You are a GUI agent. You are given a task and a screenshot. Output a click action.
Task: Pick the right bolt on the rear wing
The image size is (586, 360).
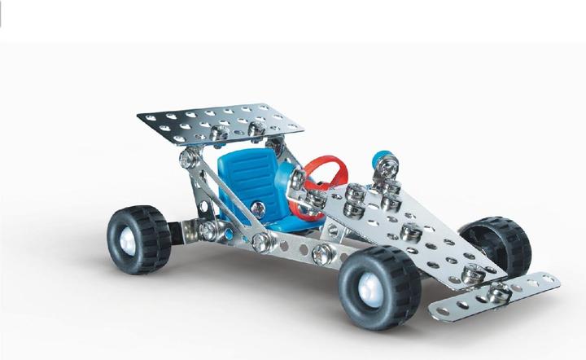(256, 130)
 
